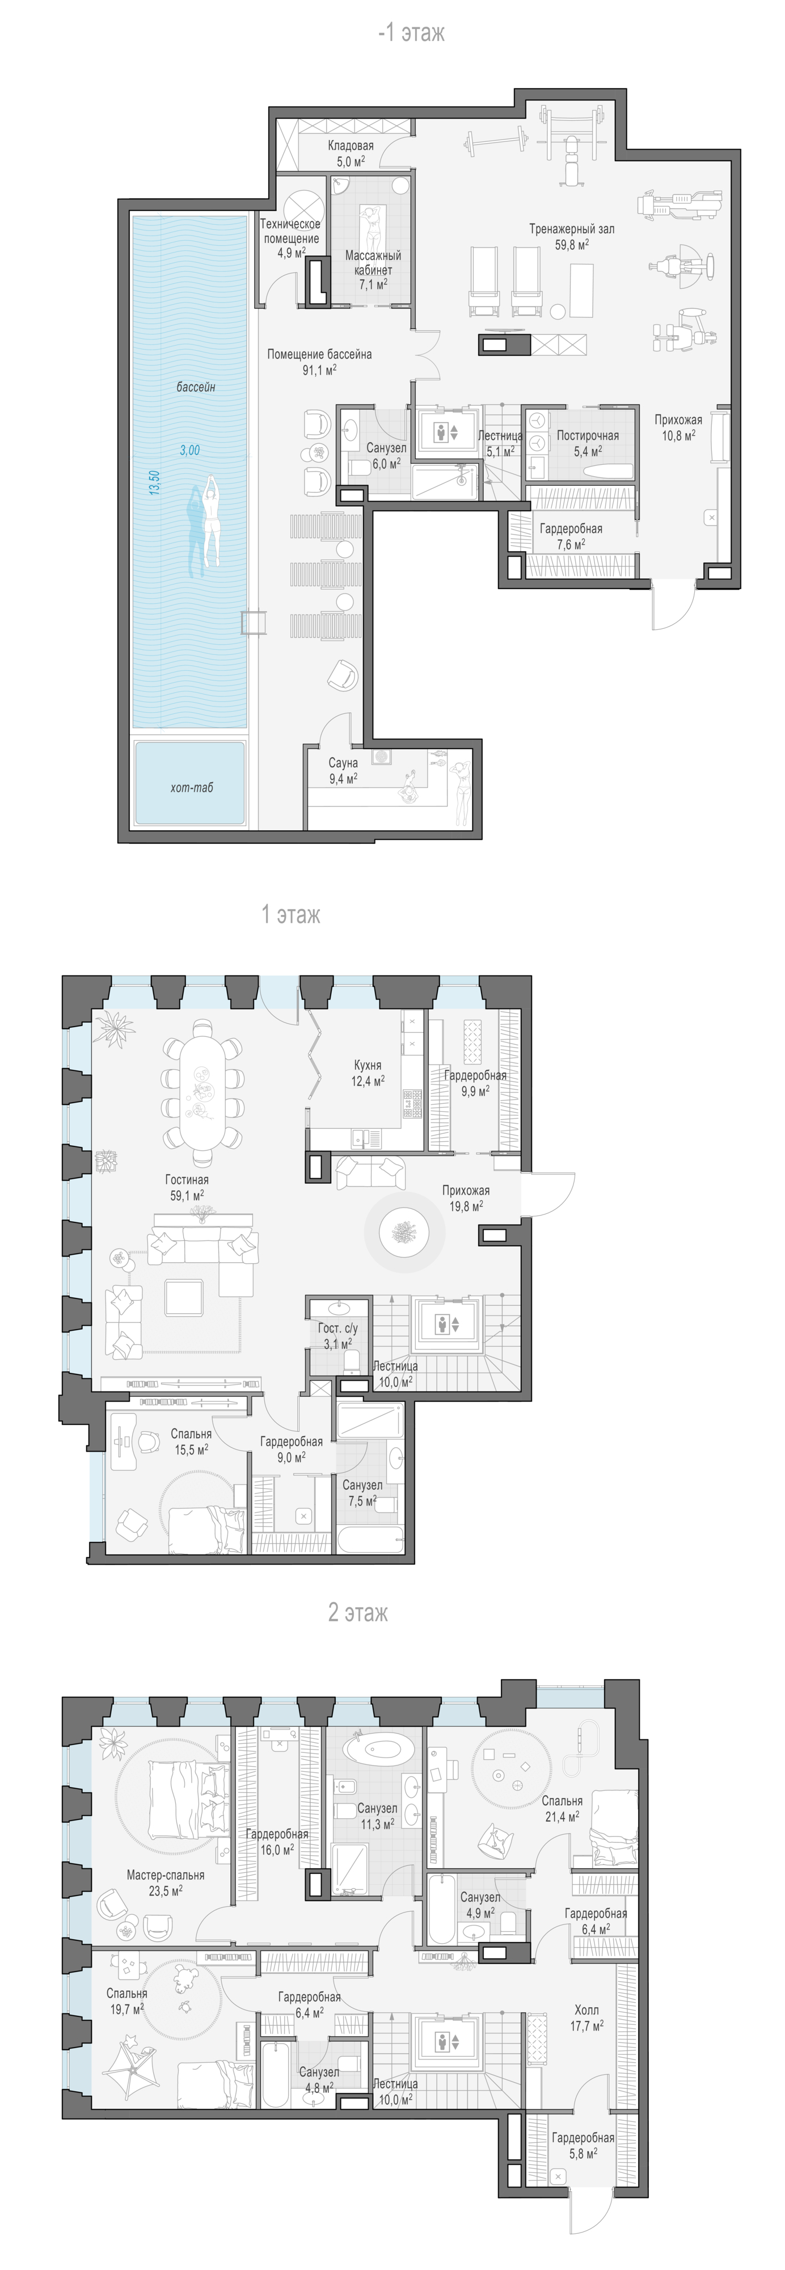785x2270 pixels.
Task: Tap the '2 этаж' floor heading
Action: tap(358, 1613)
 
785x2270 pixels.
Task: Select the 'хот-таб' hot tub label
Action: tap(192, 788)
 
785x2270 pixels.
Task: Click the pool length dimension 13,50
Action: tap(154, 483)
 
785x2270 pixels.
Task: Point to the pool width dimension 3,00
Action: tap(189, 450)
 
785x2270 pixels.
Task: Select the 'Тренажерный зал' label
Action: tap(572, 229)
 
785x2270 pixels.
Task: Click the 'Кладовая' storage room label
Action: tap(351, 145)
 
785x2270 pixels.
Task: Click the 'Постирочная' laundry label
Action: tap(588, 435)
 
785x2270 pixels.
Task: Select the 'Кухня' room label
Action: tap(368, 1065)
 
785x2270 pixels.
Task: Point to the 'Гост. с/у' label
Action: tap(338, 1328)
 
